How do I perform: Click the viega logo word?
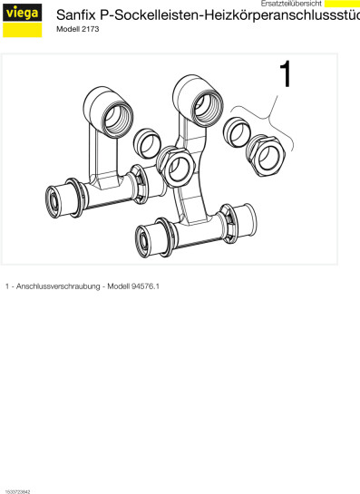coord(22,13)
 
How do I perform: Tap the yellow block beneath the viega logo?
coord(23,30)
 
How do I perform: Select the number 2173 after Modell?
coord(91,29)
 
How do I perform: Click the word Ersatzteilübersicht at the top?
coord(291,4)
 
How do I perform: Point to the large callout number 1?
coord(286,74)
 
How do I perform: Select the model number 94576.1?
coord(146,286)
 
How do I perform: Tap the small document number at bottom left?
coord(17,491)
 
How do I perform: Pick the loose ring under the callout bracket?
coord(237,132)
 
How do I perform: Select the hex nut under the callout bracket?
coord(266,156)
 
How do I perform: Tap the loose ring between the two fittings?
coord(147,143)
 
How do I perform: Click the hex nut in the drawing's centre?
coord(176,167)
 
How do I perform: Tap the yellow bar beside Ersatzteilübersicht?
coord(343,4)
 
